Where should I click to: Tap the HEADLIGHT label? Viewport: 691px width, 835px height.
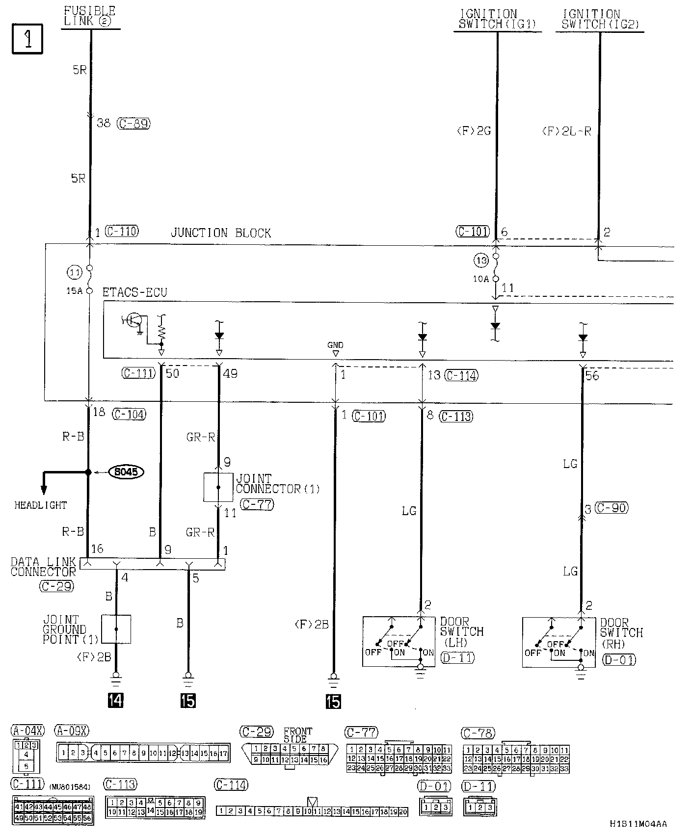pyautogui.click(x=40, y=505)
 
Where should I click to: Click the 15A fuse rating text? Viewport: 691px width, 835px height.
pyautogui.click(x=75, y=291)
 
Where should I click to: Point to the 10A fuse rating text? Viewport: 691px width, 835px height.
pyautogui.click(x=481, y=279)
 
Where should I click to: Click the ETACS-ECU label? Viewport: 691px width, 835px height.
pyautogui.click(x=134, y=293)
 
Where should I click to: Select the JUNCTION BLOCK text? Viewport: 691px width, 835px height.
pyautogui.click(x=220, y=233)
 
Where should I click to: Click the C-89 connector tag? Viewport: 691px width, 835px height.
pyautogui.click(x=133, y=124)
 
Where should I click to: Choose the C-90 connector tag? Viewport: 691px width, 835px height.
pyautogui.click(x=611, y=508)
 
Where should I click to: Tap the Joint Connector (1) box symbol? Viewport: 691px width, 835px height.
pyautogui.click(x=218, y=487)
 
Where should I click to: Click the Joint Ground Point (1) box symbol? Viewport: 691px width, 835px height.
pyautogui.click(x=116, y=629)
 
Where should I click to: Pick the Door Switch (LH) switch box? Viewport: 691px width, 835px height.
pyautogui.click(x=399, y=642)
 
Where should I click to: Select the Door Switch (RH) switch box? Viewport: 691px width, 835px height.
pyautogui.click(x=558, y=642)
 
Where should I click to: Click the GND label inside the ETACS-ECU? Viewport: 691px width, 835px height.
pyautogui.click(x=336, y=345)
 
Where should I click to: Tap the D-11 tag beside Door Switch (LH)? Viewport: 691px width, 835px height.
pyautogui.click(x=457, y=658)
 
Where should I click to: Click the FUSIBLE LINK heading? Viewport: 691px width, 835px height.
pyautogui.click(x=90, y=16)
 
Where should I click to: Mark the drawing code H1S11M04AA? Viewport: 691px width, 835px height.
pyautogui.click(x=638, y=824)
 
